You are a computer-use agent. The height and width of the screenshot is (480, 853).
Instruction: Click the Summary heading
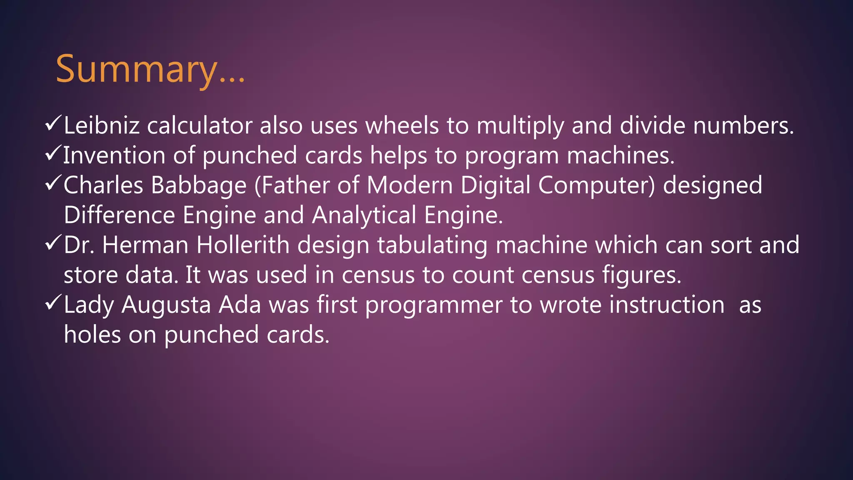click(x=150, y=69)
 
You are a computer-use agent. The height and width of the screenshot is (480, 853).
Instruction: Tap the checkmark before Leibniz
click(x=53, y=124)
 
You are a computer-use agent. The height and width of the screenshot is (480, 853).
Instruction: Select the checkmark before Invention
click(x=53, y=154)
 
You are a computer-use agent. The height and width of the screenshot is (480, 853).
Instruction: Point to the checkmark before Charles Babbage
click(x=53, y=184)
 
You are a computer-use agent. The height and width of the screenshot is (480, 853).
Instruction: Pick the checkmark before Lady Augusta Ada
click(x=53, y=303)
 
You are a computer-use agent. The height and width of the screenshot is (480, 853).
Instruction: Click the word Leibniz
click(x=102, y=126)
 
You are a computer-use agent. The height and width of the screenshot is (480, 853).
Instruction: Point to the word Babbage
click(x=199, y=186)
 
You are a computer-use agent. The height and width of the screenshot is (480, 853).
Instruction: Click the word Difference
click(x=119, y=215)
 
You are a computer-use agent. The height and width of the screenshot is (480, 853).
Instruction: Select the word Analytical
click(x=364, y=216)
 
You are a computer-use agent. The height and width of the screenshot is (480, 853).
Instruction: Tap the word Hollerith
click(x=243, y=245)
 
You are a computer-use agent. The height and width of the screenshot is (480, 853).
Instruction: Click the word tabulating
click(x=432, y=246)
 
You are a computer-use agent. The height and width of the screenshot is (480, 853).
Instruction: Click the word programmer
click(x=434, y=305)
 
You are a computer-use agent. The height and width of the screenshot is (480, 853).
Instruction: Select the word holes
click(x=92, y=335)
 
